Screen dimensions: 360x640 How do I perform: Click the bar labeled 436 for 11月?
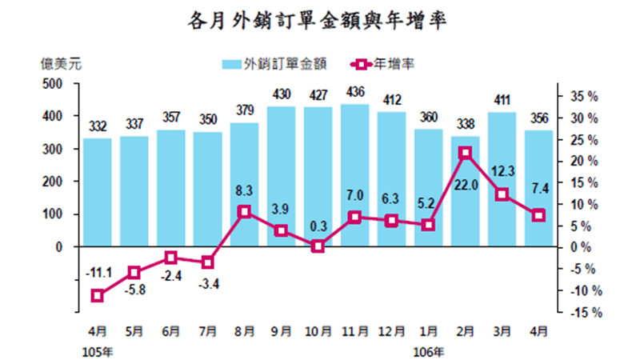pos(355,175)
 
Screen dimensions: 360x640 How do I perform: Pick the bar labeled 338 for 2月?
pos(466,191)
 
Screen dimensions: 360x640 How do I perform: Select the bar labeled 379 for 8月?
pos(245,185)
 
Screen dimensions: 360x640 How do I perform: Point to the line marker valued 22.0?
pos(466,152)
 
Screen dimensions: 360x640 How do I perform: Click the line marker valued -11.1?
pos(98,295)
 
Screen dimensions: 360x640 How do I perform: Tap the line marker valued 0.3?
pos(318,246)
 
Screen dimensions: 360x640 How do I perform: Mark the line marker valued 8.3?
pos(245,211)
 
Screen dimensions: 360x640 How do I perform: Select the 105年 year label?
pos(98,350)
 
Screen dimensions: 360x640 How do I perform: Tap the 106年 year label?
pos(428,350)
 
